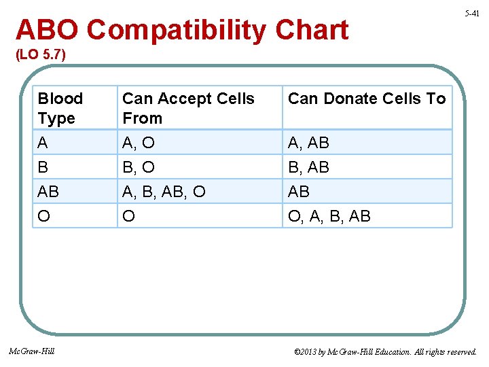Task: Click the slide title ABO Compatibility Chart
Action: click(182, 31)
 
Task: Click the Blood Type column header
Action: click(60, 108)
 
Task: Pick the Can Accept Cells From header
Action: click(188, 108)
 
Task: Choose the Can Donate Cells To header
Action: click(367, 99)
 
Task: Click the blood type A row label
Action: click(43, 143)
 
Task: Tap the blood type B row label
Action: click(43, 167)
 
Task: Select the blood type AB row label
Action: click(48, 192)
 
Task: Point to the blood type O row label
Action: click(44, 216)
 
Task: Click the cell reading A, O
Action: click(139, 143)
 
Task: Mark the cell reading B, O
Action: click(139, 167)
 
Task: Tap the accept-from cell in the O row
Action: click(128, 216)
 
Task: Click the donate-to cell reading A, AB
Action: click(308, 143)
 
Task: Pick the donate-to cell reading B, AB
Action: click(308, 167)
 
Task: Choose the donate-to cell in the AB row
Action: click(299, 192)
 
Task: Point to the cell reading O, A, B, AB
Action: click(329, 216)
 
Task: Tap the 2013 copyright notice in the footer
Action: click(385, 352)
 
